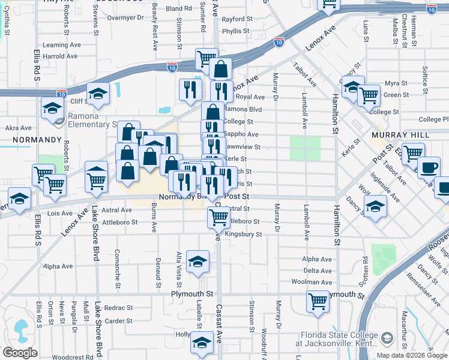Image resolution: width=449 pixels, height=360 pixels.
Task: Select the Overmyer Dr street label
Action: point(125,18)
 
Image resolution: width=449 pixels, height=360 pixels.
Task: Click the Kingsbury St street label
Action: point(246,235)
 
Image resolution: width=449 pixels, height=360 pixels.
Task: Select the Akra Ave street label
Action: point(18,128)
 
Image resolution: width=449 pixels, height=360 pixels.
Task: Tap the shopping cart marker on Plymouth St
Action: point(318,301)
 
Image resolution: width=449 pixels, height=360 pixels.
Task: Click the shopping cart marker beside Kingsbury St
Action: point(218,217)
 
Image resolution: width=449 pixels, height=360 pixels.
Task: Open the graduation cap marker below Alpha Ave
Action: point(197,261)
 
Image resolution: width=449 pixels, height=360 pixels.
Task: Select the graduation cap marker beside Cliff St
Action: point(97,94)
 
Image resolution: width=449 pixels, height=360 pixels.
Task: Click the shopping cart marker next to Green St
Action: point(369,94)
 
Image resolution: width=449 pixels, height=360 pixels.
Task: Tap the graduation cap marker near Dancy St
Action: point(375,207)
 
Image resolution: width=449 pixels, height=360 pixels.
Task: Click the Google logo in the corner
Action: point(20,353)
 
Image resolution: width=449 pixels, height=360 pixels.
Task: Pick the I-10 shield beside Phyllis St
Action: point(279,41)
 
